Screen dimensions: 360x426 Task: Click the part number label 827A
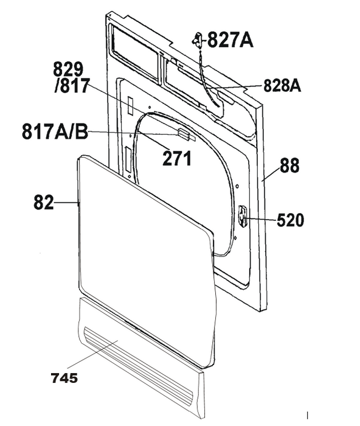[x=230, y=41]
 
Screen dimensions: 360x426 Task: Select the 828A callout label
[x=282, y=86]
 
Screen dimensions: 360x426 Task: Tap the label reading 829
[x=68, y=69]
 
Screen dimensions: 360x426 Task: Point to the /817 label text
[x=72, y=86]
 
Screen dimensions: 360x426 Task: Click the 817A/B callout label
[x=55, y=132]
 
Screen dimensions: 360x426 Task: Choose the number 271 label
[x=177, y=158]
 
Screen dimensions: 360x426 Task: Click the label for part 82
[x=44, y=203]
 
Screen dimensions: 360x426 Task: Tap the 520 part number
[x=290, y=220]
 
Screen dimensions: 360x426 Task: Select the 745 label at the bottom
[x=64, y=378]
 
